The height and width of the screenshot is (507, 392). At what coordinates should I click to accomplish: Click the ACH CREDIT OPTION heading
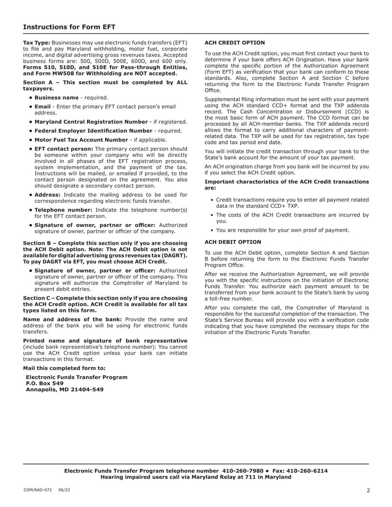pos(234,43)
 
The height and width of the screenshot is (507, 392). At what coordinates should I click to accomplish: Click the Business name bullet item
pos(56,98)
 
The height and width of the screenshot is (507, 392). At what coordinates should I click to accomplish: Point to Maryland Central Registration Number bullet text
pos(91,122)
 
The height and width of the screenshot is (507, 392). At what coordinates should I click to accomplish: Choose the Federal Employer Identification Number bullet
pos(93,131)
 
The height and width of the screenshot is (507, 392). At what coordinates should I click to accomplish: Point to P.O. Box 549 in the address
pos(45,384)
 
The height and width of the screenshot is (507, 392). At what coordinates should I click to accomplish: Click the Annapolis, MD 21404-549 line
pos(65,390)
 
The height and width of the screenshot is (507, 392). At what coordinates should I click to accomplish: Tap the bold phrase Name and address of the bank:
pos(73,319)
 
